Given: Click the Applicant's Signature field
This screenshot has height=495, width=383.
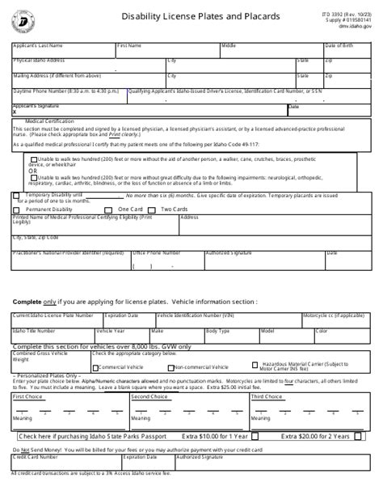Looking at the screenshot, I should pyautogui.click(x=145, y=110).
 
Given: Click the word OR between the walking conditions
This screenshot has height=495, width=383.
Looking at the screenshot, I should pyautogui.click(x=33, y=171).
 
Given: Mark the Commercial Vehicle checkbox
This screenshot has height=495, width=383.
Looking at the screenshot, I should pyautogui.click(x=95, y=366).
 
